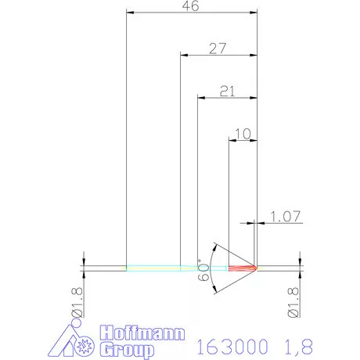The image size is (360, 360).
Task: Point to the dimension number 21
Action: [227, 91]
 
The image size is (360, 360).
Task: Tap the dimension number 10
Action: [243, 133]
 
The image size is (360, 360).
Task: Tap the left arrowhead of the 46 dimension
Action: [130, 13]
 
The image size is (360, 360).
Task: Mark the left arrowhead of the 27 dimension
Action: [184, 55]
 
